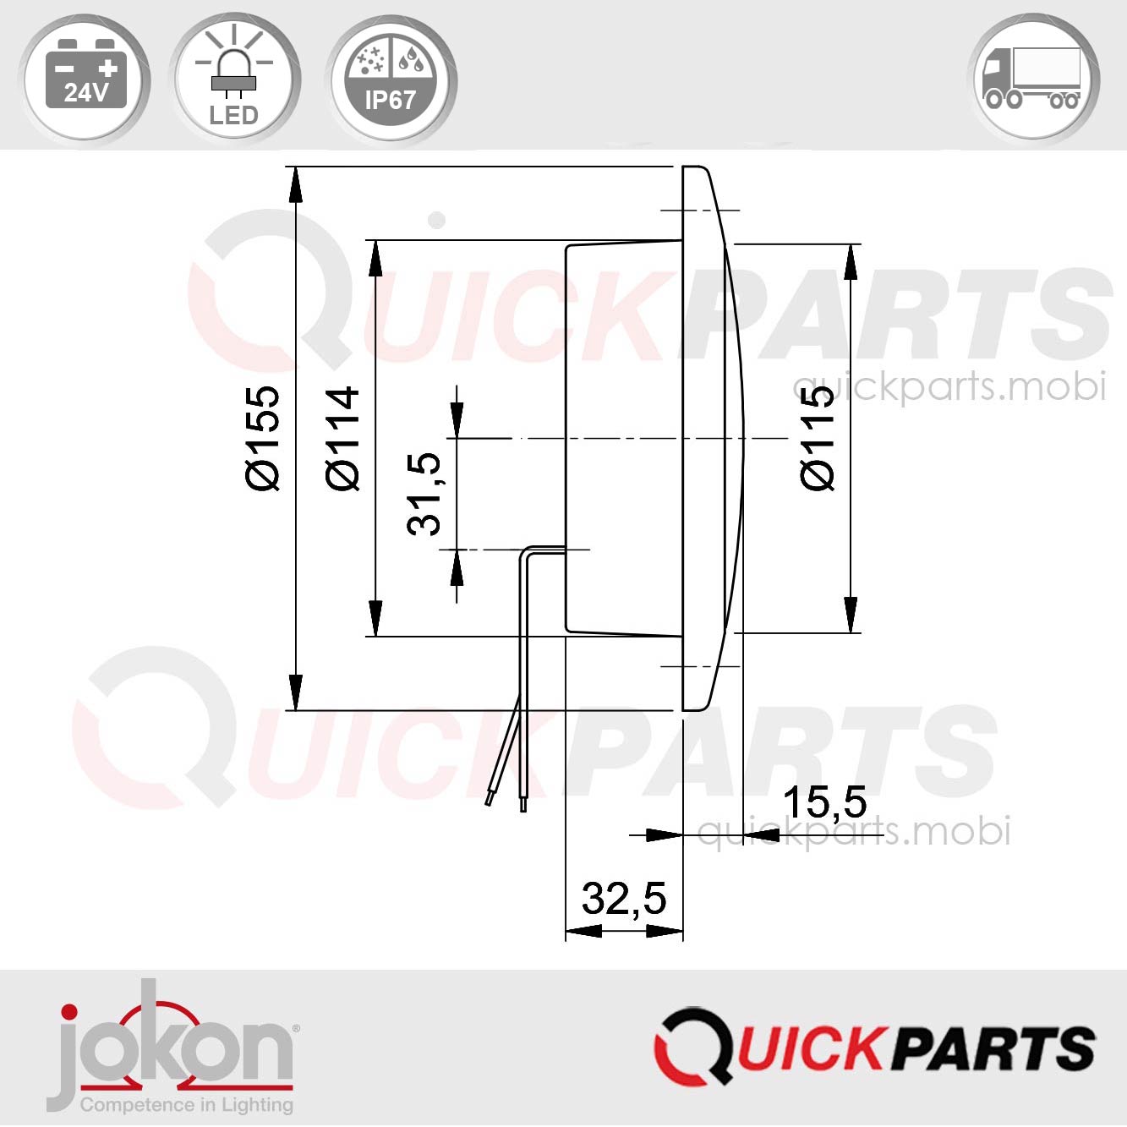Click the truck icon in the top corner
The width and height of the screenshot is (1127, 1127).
click(1032, 79)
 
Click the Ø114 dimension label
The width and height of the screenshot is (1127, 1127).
click(343, 438)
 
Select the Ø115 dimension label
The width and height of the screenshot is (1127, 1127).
click(818, 438)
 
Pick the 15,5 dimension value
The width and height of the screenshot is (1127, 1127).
click(824, 802)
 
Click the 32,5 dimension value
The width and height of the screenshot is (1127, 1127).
click(624, 898)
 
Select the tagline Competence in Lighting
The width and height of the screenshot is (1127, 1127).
click(186, 1104)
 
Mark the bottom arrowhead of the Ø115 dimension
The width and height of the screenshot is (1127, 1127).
click(851, 614)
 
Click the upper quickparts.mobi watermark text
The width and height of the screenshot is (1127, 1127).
click(949, 387)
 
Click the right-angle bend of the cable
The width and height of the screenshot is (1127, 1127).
click(527, 550)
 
